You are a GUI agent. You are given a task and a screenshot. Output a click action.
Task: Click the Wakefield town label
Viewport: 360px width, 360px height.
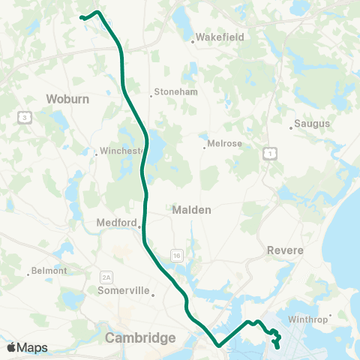point(220,37)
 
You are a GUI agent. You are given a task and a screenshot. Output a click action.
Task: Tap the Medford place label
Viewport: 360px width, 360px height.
point(117,223)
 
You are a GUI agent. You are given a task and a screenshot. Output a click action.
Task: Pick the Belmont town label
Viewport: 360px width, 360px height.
point(50,271)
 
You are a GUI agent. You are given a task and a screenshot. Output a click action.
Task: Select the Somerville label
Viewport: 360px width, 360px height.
point(124,290)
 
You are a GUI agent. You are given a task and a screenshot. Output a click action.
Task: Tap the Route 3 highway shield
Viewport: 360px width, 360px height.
point(25,117)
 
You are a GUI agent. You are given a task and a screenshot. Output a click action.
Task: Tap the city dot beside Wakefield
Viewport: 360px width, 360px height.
point(193,42)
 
